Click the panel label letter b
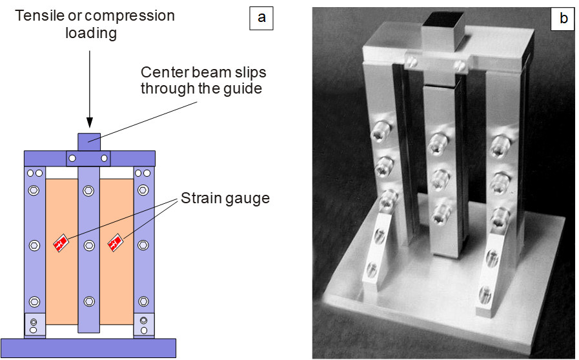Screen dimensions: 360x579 563,19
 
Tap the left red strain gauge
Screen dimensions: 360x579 62,243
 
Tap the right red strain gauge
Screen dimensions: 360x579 117,243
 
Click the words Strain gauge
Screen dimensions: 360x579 224,199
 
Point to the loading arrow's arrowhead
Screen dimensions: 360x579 90,121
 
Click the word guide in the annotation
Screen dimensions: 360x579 247,88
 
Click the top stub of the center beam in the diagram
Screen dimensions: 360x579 90,141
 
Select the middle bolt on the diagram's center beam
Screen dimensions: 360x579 90,245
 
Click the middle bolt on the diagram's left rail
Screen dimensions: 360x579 34,245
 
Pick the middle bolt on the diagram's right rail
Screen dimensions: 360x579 143,245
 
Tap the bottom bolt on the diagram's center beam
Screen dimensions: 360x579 90,301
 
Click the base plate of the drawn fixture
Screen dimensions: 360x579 88,347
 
